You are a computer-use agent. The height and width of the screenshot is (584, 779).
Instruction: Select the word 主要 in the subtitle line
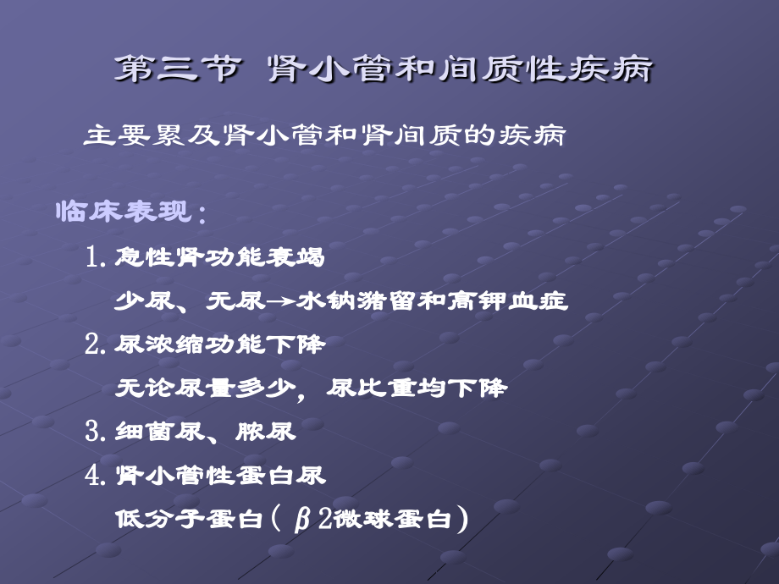(117, 135)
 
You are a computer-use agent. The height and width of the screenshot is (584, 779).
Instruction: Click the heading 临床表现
(124, 211)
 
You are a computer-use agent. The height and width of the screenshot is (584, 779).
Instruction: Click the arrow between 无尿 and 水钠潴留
(281, 301)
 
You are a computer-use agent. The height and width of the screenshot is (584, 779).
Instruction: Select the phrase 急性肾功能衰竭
(219, 256)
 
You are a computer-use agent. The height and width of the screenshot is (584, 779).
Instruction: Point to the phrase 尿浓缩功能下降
(219, 344)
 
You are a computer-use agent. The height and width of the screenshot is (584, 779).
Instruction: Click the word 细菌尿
(159, 431)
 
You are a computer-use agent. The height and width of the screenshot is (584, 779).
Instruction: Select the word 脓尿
(265, 431)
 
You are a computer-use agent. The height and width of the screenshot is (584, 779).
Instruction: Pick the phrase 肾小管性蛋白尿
(220, 476)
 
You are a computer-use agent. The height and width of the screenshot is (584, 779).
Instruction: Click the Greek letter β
(302, 520)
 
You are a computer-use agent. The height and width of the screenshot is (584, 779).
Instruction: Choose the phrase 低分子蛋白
(189, 519)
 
